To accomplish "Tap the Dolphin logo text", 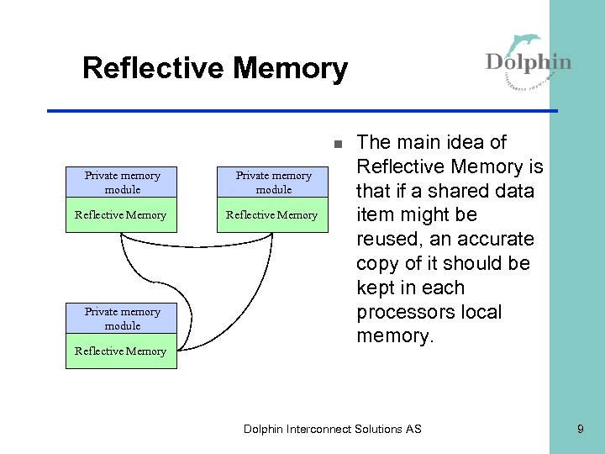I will [529, 62].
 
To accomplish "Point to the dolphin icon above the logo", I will [527, 43].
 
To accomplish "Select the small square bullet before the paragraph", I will [336, 143].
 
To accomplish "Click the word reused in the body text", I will [388, 239].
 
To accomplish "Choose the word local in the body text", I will [481, 312].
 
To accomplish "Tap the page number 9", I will [580, 429].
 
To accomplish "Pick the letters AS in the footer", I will [413, 429].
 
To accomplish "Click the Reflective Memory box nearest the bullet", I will [273, 215].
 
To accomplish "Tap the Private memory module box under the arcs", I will [122, 319].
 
